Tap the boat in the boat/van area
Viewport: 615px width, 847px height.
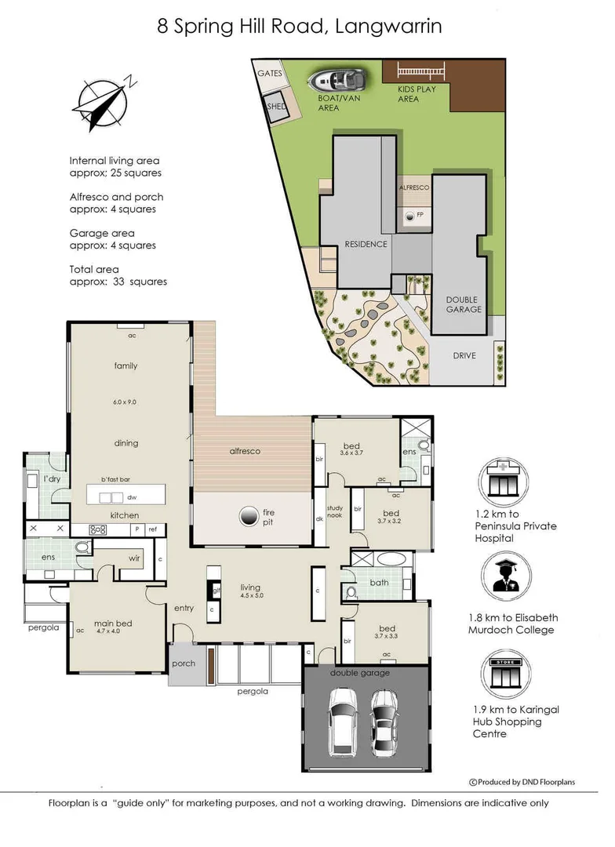[x=336, y=80]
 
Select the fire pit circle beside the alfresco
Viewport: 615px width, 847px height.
[x=249, y=515]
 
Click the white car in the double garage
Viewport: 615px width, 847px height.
[x=343, y=719]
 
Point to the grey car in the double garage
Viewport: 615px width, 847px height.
[x=384, y=721]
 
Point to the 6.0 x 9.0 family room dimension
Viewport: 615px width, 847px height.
[x=125, y=402]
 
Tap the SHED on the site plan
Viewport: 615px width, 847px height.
[x=276, y=106]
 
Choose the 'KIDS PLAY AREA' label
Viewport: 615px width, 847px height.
[x=417, y=94]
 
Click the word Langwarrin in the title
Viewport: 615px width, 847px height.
[x=388, y=27]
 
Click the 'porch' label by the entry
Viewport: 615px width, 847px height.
[x=183, y=663]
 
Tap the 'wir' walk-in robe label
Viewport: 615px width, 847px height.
[x=134, y=558]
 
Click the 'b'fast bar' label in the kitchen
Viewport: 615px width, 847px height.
[x=115, y=479]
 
